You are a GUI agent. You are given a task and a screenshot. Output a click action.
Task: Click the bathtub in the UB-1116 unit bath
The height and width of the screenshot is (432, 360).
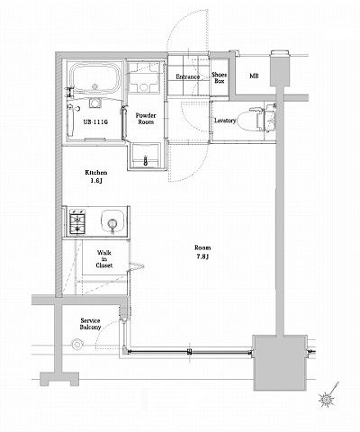coord(95,79)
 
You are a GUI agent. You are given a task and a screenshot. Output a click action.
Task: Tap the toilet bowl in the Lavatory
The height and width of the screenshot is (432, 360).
coord(247,121)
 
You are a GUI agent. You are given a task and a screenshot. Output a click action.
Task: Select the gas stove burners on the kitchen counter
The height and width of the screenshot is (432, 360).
coord(77,222)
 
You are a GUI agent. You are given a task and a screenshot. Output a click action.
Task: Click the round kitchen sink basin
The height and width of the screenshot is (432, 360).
coord(112,223)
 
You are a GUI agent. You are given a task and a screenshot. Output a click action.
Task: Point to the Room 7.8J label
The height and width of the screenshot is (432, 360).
coord(202,252)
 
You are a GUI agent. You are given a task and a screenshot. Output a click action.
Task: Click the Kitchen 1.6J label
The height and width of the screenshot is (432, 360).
coord(95,176)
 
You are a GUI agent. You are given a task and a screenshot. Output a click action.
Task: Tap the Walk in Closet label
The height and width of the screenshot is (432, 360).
coord(104,259)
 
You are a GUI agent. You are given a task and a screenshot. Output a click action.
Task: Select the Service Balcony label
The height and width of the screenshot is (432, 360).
coord(90,324)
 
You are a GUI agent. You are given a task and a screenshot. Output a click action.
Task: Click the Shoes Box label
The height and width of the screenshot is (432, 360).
coord(220,77)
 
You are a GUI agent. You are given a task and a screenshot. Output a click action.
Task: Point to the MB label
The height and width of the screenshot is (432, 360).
coord(254,76)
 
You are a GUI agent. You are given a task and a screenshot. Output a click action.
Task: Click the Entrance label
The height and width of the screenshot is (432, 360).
coord(187,76)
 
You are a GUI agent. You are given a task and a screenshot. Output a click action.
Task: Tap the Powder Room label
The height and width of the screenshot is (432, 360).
coord(146,119)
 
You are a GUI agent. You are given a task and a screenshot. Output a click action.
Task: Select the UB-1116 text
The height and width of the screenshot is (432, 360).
coord(95,122)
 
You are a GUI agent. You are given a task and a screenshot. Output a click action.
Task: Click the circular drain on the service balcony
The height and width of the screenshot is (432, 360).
coord(77,345)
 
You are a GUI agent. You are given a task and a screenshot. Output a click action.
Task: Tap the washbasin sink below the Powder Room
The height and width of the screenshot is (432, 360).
coord(146,156)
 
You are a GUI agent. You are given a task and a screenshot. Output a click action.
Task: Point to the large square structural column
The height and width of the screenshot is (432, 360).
coord(280,363)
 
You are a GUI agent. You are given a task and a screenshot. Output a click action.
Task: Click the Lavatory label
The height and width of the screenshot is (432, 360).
coord(225,121)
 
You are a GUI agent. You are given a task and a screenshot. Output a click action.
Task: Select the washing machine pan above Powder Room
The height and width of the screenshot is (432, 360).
coord(144,78)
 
